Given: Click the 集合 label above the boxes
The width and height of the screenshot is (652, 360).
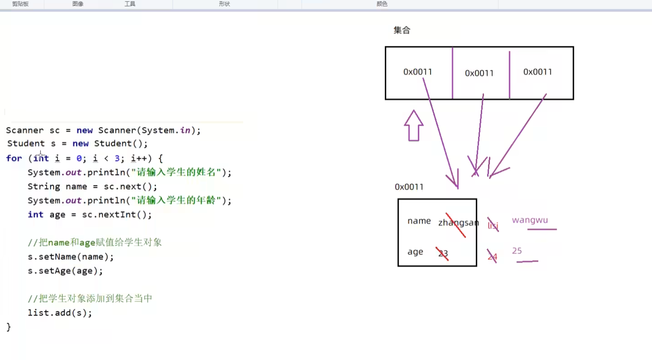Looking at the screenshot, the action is coord(402,30).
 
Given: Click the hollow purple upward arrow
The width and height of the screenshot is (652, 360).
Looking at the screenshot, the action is coord(414,126).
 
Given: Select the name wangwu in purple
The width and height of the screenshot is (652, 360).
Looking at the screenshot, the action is coord(530,220).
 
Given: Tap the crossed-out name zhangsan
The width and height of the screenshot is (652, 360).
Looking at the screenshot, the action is coord(458,223).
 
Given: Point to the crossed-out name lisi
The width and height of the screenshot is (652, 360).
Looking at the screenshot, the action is coord(493,226).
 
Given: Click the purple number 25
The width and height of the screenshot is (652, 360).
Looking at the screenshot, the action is coord(517,251).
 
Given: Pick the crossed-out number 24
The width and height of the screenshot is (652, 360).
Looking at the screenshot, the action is coord(492,257).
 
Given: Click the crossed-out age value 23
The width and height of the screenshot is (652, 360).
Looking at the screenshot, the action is coord(442,254).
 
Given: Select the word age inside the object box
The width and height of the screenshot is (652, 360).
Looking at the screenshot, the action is coord(415,252).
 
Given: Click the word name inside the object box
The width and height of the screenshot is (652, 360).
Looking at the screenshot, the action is coord(419,221).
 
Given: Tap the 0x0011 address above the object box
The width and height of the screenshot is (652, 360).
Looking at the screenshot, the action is coord(409,187).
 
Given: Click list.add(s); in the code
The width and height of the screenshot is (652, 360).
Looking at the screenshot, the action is coord(60,313).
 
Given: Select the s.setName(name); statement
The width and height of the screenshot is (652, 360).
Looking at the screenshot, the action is coord(71,257).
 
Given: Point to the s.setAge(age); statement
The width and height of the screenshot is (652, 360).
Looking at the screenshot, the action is coord(65,271).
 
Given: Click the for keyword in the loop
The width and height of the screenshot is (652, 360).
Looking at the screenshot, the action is coord(14,159).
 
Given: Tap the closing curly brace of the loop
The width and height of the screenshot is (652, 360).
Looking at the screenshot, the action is coord(9,327).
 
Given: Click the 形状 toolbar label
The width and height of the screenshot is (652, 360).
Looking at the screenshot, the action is coord(224,4).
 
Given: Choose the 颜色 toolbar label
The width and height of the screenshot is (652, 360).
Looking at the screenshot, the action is coord(382,4).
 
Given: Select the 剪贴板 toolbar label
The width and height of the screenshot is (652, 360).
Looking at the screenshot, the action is coord(20,4).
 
